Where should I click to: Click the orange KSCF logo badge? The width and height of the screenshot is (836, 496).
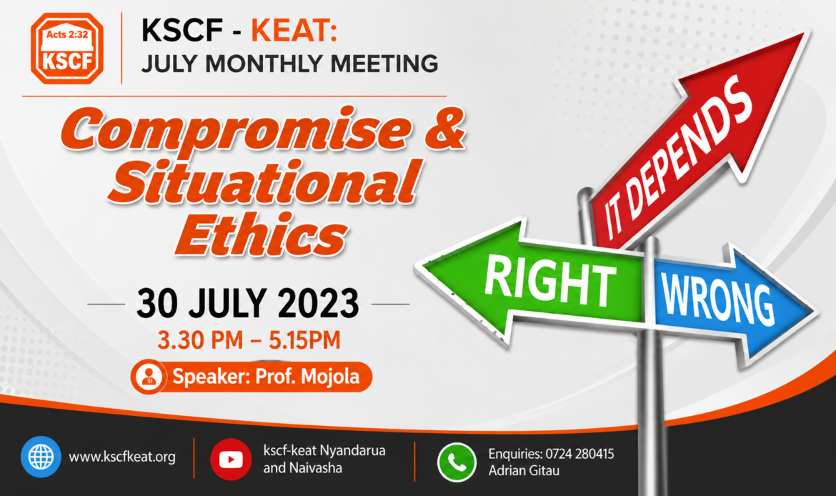click(x=67, y=49)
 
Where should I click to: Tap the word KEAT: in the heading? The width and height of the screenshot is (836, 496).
click(x=294, y=31)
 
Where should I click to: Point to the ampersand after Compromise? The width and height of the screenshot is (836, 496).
click(x=444, y=129)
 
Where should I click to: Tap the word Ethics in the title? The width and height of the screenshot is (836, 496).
click(x=262, y=234)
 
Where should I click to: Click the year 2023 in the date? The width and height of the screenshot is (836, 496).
click(x=318, y=304)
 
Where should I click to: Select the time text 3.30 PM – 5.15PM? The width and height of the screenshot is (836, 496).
click(x=249, y=340)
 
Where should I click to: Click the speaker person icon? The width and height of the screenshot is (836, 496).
click(x=149, y=377)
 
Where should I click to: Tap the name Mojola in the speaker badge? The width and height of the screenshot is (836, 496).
click(x=330, y=377)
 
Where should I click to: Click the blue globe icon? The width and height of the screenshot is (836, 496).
click(x=41, y=457)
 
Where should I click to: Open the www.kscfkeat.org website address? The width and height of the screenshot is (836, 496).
click(x=122, y=457)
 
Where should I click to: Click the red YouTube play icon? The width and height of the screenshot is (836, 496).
click(x=231, y=460)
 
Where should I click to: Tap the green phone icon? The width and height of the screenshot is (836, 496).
click(x=457, y=462)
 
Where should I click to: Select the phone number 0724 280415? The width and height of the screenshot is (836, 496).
click(x=580, y=454)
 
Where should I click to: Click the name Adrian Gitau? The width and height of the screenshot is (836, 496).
click(x=524, y=471)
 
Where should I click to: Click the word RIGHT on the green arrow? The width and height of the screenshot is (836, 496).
click(x=549, y=280)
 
